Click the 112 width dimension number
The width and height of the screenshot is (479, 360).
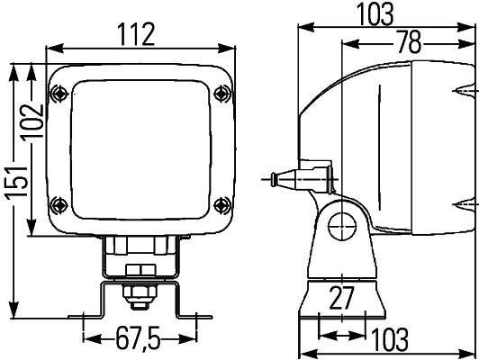[x=137, y=33]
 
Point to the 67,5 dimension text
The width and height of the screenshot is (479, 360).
[x=138, y=339]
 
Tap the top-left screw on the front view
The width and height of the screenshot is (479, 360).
[x=59, y=91]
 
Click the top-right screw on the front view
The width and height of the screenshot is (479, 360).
[x=222, y=90]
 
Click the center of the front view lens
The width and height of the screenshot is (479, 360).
[x=140, y=146]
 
